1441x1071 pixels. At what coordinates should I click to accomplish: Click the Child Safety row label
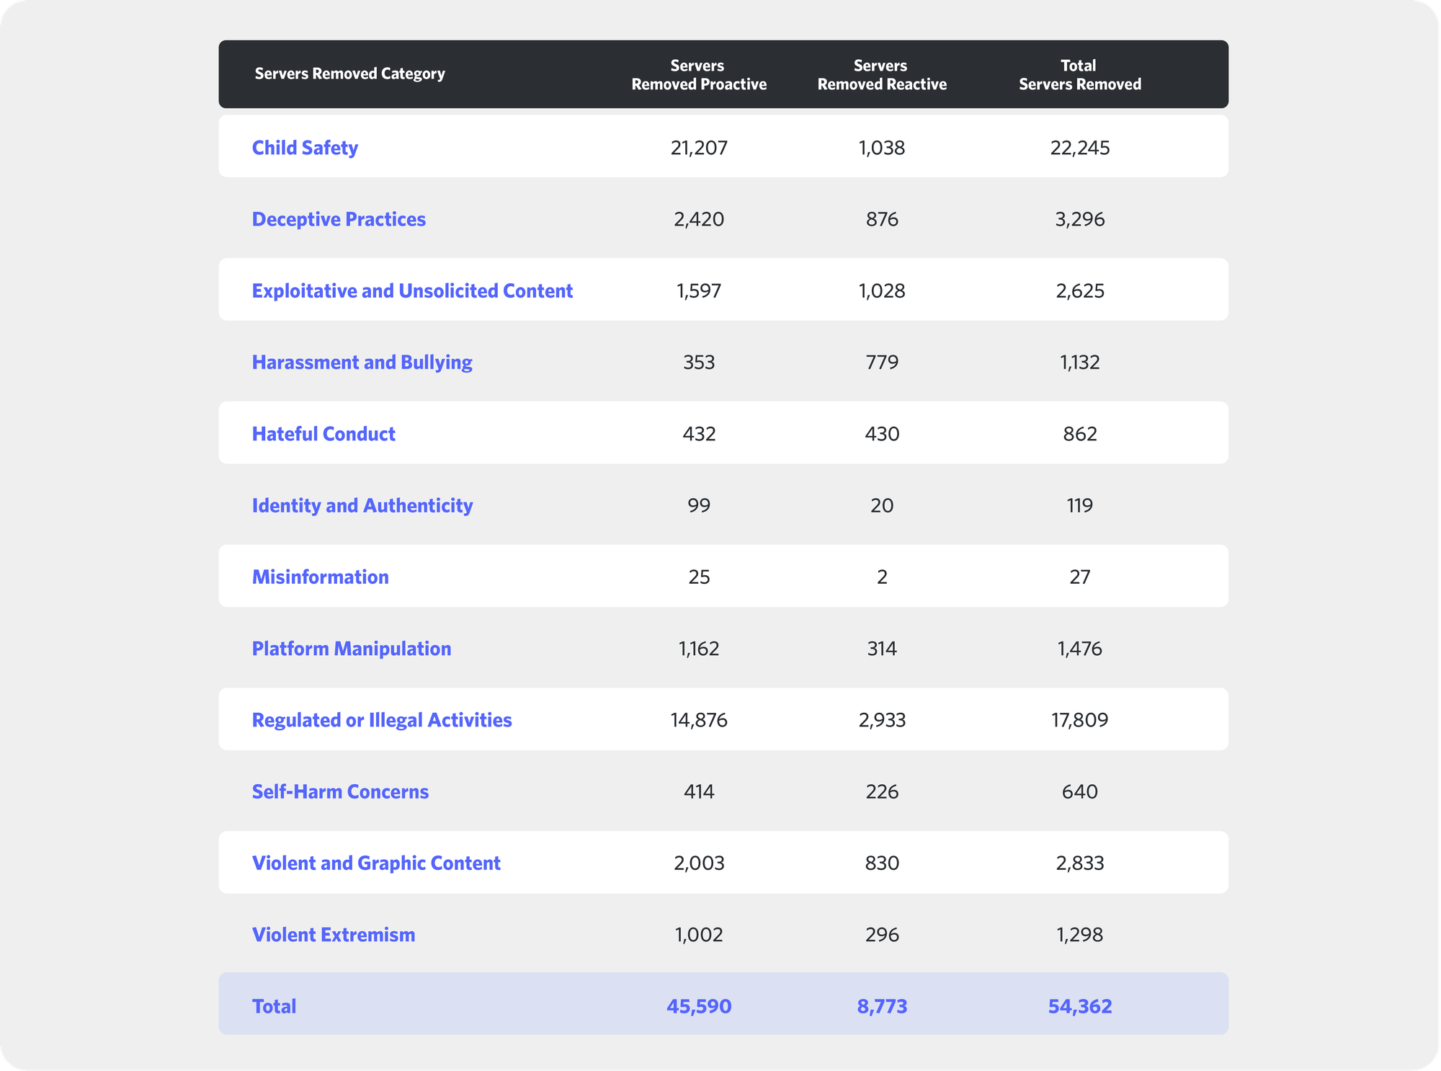click(x=305, y=148)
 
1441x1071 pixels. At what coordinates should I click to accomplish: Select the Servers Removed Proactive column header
click(x=698, y=75)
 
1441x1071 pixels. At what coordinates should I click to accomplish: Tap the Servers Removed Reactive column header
click(x=881, y=75)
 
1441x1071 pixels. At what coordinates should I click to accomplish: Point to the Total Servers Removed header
click(x=1079, y=75)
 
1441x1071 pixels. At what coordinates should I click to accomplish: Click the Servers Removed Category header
click(x=349, y=74)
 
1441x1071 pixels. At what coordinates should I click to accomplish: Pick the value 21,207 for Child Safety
click(x=698, y=148)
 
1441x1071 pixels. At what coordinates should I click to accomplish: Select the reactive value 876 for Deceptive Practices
click(x=881, y=219)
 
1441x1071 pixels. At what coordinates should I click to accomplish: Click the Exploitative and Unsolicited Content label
click(x=412, y=290)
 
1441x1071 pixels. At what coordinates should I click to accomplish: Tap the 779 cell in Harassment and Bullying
click(x=881, y=362)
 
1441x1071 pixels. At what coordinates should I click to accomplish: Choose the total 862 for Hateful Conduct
click(x=1079, y=434)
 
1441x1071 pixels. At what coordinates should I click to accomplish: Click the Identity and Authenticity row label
click(x=362, y=505)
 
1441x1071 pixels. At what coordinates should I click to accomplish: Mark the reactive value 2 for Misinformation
click(x=881, y=577)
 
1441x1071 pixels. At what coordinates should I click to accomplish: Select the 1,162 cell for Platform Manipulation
click(x=698, y=649)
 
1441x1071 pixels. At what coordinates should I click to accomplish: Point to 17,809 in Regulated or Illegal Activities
click(x=1079, y=720)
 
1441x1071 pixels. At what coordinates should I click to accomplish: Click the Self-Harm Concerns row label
click(x=340, y=791)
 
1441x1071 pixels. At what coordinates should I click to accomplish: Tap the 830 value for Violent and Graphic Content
click(x=881, y=863)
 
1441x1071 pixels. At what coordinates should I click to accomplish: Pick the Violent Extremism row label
click(x=334, y=935)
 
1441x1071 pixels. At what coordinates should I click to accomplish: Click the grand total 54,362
click(x=1079, y=1006)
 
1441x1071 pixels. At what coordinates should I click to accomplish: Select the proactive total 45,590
click(x=698, y=1006)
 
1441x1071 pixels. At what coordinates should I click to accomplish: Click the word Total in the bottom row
click(x=274, y=1006)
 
